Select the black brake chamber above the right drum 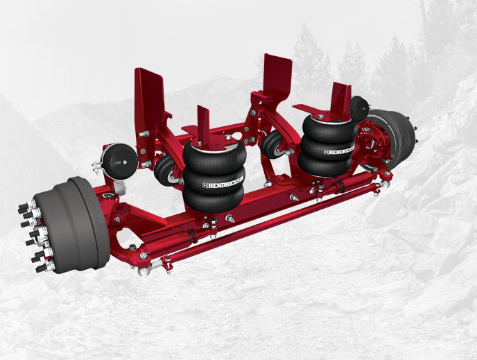point(359,108)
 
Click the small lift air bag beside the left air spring point(166,171)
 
